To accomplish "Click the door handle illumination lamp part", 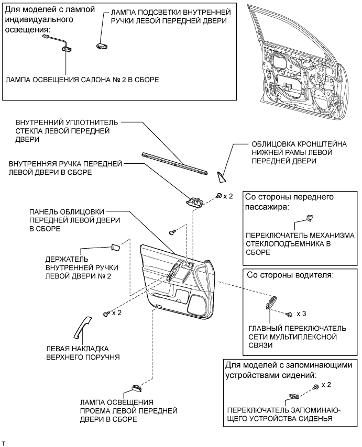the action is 101,46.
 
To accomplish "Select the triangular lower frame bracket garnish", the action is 221,177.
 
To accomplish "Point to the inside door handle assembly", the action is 194,202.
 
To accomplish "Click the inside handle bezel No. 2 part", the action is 115,248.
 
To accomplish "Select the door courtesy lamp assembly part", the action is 137,388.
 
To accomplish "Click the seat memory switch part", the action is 294,396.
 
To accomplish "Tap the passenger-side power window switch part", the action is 309,218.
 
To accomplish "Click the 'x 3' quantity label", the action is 301,314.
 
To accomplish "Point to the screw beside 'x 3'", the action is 289,315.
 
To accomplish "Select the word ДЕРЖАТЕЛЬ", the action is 67,260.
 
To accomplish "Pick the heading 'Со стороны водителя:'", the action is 290,275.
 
